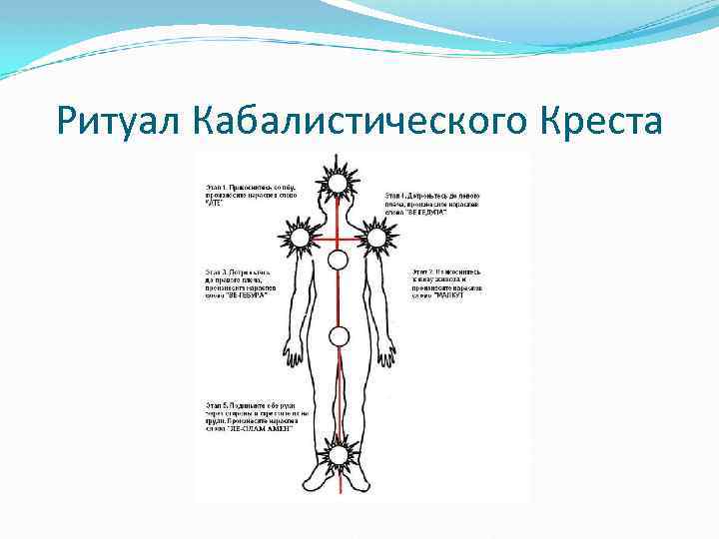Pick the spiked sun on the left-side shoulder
point(298,238)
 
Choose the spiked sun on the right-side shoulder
point(377,238)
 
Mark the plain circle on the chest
point(338,261)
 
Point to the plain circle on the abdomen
point(339,336)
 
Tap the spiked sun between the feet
point(339,455)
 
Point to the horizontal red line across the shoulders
point(320,239)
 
